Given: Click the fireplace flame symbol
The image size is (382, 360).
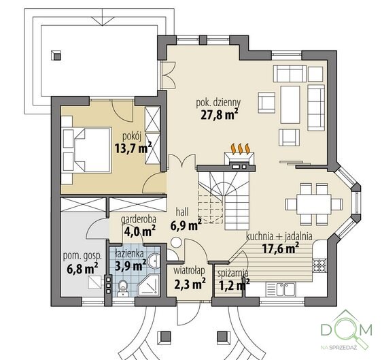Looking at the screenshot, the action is coord(241,149).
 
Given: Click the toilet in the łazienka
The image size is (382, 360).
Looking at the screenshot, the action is coord(122,289).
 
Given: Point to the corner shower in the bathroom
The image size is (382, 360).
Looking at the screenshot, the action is coord(149,285).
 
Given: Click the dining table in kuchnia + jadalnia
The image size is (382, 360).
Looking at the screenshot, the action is coord(313,204).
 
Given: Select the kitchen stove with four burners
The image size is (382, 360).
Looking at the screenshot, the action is coord(319,265).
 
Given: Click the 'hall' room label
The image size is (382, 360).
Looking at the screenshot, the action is coord(182,212).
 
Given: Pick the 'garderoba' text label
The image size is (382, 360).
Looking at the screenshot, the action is coord(139,220).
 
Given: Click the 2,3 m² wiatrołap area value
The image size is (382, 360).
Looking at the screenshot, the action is coord(190,284).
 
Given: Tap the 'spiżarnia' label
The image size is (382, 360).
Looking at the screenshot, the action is coord(233,274).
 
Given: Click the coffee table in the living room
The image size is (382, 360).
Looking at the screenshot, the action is coord(290,105).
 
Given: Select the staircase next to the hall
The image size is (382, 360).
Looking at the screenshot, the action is coord(224,198).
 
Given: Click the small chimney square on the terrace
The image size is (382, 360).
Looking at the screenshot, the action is coord(56,56).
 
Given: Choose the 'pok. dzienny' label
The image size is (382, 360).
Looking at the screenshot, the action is coord(219,103).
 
